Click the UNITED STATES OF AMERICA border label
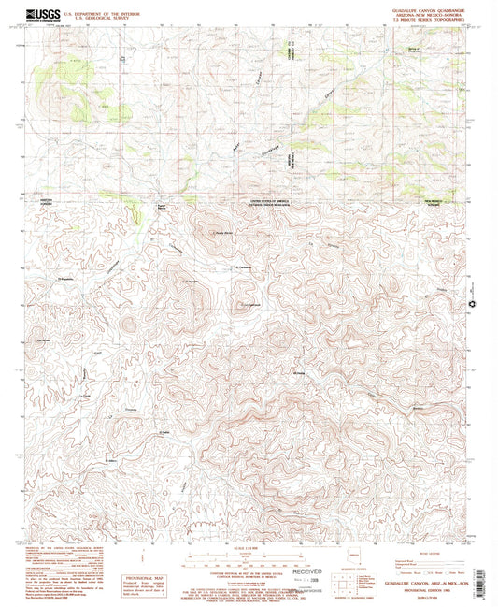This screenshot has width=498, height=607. point(270,200)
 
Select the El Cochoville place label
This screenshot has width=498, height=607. point(243,268)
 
